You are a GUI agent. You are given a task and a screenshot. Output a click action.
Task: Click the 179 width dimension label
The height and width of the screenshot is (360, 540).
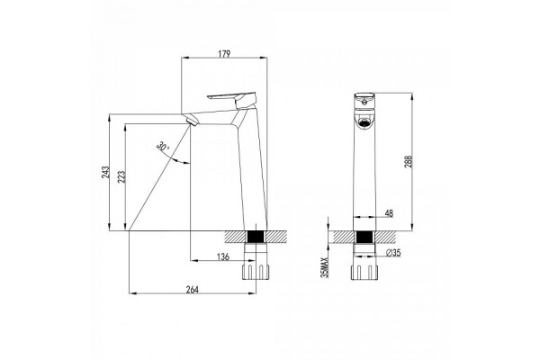click(x=224, y=54)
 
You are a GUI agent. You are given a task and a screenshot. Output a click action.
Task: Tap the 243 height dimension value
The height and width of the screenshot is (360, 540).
click(x=105, y=172)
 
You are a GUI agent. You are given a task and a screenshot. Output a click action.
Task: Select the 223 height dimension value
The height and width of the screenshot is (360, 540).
click(x=121, y=176)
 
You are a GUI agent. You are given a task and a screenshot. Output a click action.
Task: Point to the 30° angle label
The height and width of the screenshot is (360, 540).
click(x=163, y=147)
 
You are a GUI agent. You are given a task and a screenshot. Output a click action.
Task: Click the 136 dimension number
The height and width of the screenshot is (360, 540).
click(x=223, y=256)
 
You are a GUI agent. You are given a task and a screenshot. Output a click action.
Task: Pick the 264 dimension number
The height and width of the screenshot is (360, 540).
click(x=193, y=290)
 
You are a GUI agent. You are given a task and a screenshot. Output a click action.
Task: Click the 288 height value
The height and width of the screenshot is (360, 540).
click(x=408, y=162)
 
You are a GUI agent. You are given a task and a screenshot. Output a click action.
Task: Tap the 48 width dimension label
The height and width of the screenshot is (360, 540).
click(x=389, y=213)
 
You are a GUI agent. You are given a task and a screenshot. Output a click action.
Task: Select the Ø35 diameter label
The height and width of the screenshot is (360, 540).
click(x=393, y=253)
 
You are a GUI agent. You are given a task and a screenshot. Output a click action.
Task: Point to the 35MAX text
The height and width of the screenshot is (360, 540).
click(x=325, y=266)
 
